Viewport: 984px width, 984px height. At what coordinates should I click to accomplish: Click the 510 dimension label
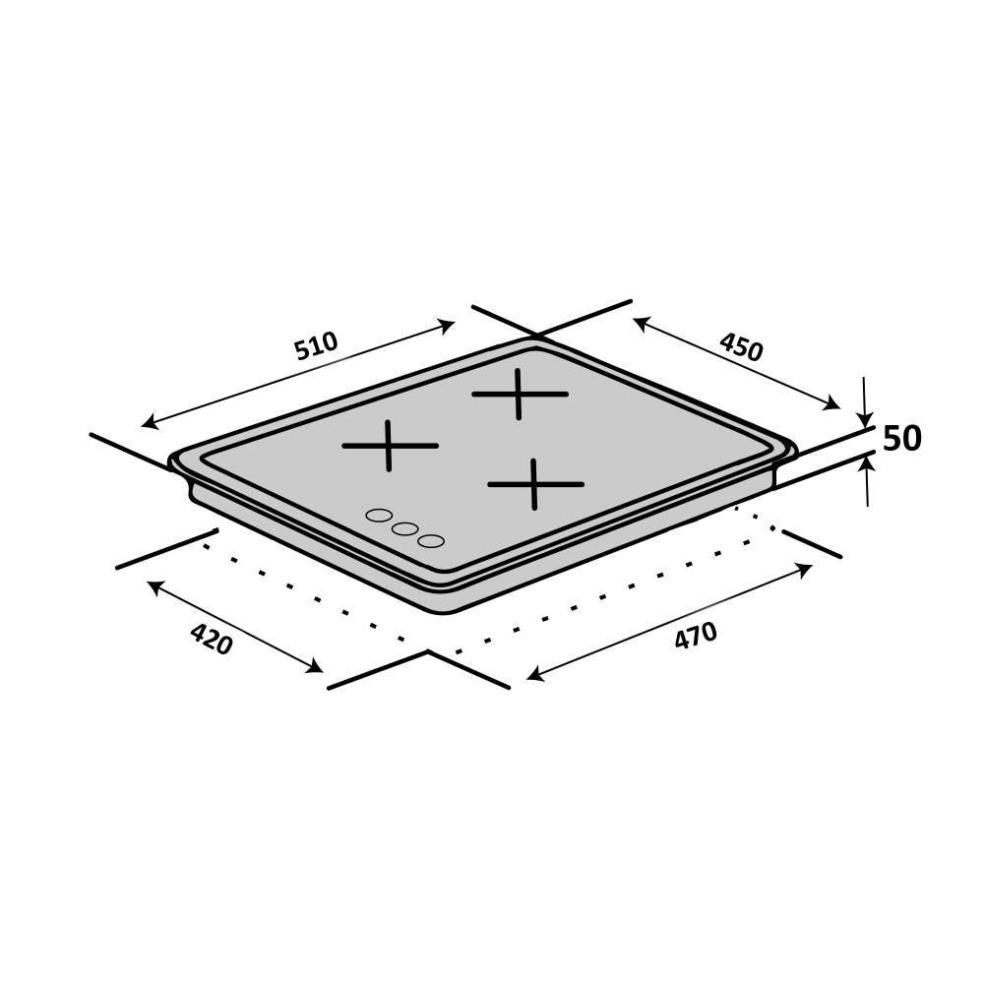[x=316, y=345]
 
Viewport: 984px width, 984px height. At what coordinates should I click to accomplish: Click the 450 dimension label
[x=741, y=347]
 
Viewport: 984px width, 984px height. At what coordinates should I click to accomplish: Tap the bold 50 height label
[x=901, y=438]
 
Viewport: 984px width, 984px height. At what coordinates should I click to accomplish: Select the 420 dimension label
[x=212, y=639]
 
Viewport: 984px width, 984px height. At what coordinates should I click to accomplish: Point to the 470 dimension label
[x=696, y=635]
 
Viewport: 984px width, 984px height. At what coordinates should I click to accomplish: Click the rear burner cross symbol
[x=520, y=395]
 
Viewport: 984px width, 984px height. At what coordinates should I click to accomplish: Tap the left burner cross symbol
[x=390, y=446]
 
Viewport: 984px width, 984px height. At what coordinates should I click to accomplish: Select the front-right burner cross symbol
[x=535, y=484]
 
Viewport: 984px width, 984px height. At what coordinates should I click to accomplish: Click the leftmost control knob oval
[x=379, y=516]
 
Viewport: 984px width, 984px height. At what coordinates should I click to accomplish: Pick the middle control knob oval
[x=404, y=528]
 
